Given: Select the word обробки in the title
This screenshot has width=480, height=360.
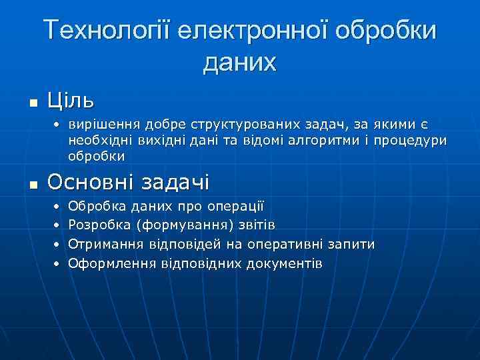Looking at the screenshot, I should pos(387,31).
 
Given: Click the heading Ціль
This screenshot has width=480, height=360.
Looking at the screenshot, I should pos(71,101).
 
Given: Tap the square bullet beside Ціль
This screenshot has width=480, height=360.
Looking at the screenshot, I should pos(33,103).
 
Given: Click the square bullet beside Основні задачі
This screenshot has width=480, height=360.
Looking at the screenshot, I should pos(33,183).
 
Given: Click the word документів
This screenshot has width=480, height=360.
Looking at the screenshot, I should pos(285,263).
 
